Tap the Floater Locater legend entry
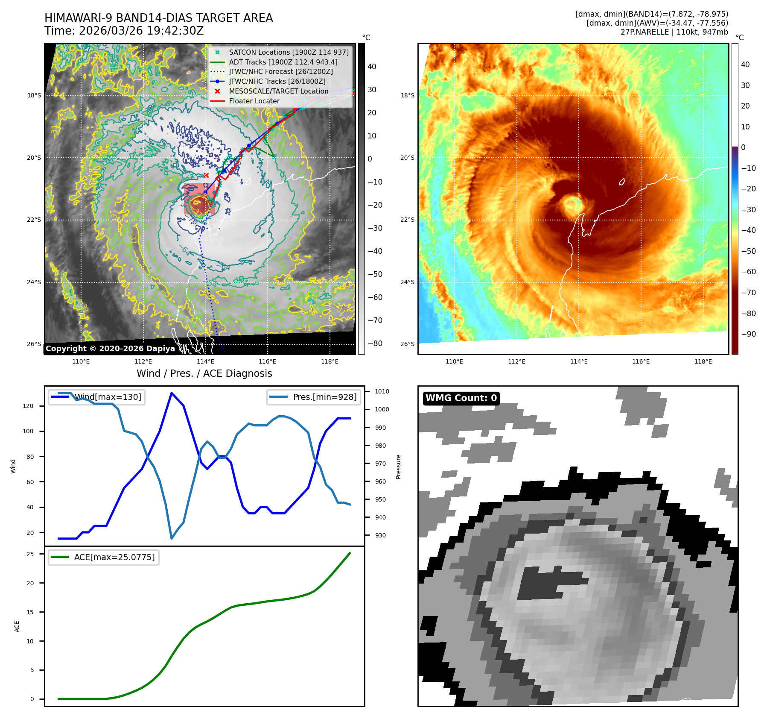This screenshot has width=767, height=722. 254,101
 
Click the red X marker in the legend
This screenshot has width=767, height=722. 217,91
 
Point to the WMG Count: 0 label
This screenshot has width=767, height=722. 461,398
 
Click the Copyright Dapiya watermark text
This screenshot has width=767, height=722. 110,349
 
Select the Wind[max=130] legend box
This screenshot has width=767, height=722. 97,397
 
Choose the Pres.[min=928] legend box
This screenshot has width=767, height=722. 314,397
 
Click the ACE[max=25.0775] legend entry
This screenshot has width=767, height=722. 104,557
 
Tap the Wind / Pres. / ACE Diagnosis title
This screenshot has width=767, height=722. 204,373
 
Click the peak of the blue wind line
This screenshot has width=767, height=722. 172,393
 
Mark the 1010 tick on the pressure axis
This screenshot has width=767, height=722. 382,391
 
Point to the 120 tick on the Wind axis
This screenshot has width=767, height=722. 28,406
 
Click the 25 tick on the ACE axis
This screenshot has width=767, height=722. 30,554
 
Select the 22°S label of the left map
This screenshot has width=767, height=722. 34,220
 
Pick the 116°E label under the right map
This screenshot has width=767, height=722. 641,361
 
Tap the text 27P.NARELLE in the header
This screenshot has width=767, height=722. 645,32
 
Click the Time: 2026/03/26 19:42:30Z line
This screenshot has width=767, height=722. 124,31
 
